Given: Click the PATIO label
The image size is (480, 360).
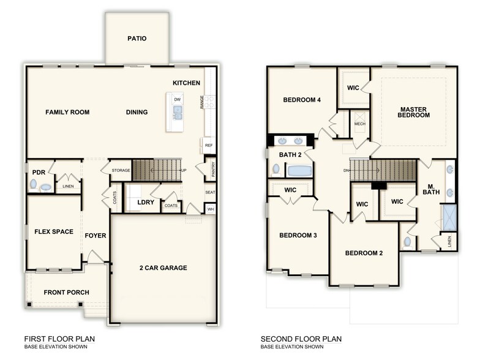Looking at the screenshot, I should point(137,38).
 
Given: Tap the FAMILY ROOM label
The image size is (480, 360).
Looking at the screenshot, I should point(67,112).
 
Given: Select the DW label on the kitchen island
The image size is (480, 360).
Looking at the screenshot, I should point(177,99).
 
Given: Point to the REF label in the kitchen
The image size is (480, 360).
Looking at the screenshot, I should point(209,146).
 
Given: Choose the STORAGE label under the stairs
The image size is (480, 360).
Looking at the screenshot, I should point(121,170).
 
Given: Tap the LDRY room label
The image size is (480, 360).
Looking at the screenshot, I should point(145,201).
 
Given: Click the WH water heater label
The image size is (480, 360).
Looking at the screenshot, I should point(211,209).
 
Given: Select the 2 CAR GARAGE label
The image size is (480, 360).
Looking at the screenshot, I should point(162,268).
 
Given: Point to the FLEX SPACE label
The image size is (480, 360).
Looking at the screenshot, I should point(54,232).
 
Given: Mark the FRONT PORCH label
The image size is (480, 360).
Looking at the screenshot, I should point(66,292).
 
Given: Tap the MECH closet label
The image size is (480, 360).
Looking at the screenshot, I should point(360,124).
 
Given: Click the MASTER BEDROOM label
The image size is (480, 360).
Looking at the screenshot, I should point(414,113).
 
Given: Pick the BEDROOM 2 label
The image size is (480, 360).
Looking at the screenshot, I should point(363,253).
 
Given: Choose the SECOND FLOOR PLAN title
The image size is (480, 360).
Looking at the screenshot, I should point(301,339).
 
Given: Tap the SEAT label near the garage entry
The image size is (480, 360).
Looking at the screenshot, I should point(210,192).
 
